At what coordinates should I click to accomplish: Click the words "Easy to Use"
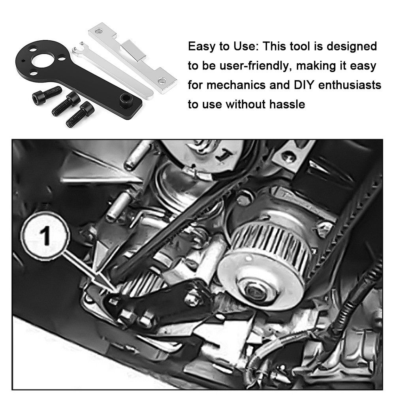tap(222, 47)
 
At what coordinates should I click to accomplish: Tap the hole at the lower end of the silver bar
tap(162, 81)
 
